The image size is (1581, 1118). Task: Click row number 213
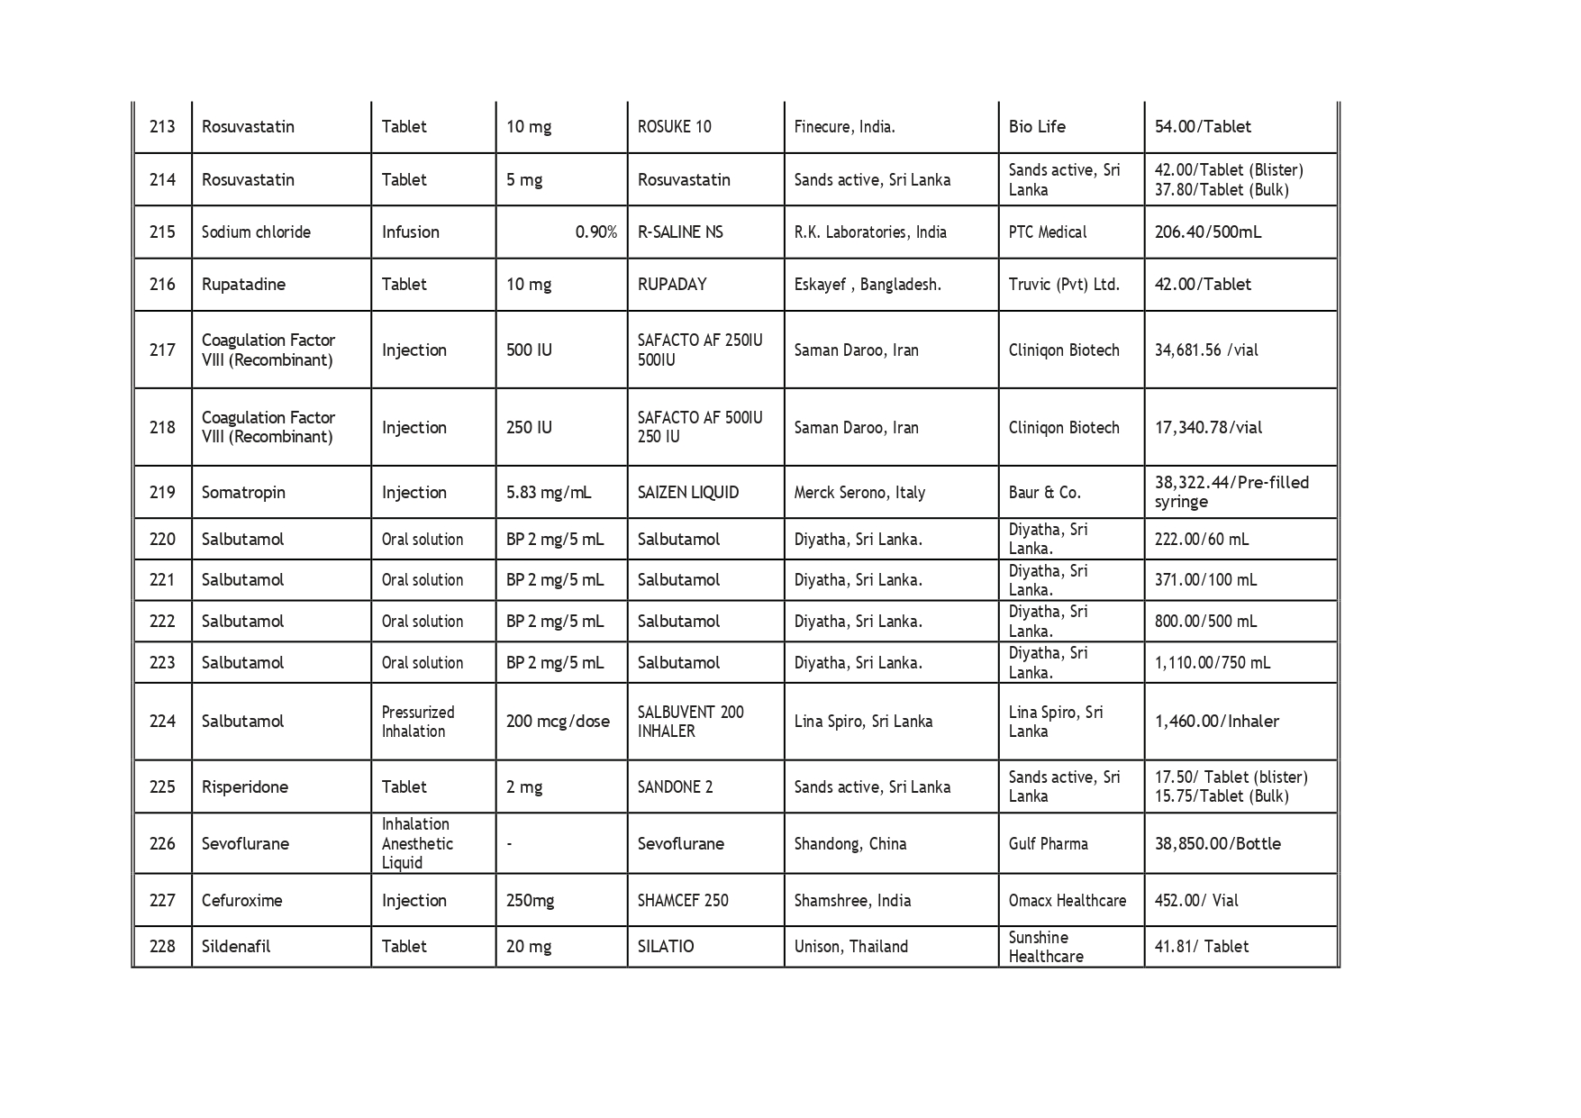tap(162, 127)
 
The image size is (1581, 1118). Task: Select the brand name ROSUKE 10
tap(674, 127)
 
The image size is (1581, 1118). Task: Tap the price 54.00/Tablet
tap(1203, 127)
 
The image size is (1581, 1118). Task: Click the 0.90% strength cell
tap(595, 232)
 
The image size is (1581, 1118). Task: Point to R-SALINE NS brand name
tap(680, 232)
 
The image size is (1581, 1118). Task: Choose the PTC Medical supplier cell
tap(1047, 232)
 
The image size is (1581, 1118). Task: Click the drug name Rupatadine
tap(243, 285)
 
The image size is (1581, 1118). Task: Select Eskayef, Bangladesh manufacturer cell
tap(867, 285)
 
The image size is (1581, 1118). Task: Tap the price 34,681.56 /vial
tap(1205, 350)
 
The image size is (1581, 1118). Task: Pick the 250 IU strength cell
tap(529, 428)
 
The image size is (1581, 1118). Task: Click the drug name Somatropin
tap(243, 493)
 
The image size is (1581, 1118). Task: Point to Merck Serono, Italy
tap(859, 493)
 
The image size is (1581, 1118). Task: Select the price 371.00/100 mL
tap(1205, 580)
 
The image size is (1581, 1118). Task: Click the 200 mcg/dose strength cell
tap(558, 722)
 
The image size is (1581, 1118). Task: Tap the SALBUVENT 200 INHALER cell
tap(690, 722)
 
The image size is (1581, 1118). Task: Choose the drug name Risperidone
tap(245, 787)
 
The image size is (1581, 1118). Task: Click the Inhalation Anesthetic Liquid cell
tap(416, 844)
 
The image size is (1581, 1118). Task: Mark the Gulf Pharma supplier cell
tap(1048, 844)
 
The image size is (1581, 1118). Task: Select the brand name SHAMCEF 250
tap(683, 901)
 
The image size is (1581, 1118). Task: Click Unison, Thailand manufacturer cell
tap(850, 947)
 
